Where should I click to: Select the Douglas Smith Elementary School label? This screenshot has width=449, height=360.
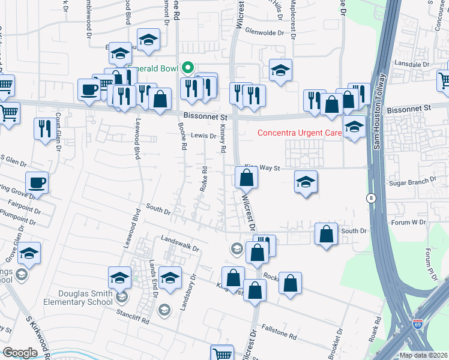click(x=85, y=297)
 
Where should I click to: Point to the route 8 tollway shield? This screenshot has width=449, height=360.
click(x=372, y=197)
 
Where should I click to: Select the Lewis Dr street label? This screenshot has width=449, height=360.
click(x=203, y=136)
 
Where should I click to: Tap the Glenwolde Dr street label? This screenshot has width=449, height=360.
click(x=264, y=34)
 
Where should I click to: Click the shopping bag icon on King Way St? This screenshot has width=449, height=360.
click(x=246, y=178)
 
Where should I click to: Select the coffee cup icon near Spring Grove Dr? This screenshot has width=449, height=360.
click(x=37, y=182)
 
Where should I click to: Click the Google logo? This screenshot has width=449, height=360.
click(x=20, y=353)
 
